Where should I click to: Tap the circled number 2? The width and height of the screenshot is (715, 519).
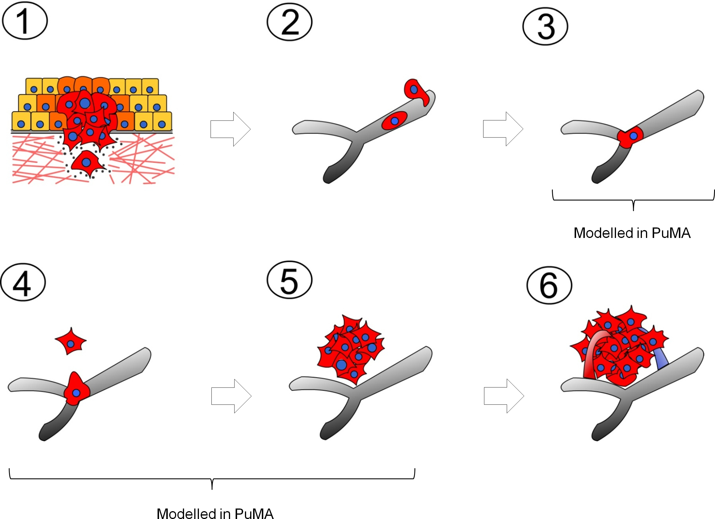[289, 22]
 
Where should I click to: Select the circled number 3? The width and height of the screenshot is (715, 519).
[545, 27]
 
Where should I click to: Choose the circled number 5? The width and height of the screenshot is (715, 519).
[289, 280]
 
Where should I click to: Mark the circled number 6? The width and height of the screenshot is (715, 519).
[549, 285]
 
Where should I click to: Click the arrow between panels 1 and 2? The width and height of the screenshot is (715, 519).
[230, 129]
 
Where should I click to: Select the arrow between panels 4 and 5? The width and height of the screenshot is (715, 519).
[231, 396]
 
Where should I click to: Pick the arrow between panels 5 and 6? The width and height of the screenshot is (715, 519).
[504, 396]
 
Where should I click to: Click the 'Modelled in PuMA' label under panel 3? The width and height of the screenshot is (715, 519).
[632, 233]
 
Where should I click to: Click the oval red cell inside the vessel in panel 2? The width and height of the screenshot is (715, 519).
[394, 121]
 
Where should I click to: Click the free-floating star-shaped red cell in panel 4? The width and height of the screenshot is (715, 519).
[70, 341]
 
